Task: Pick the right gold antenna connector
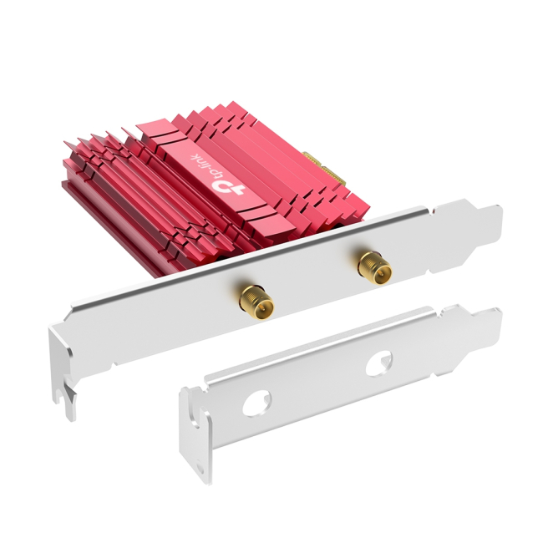click(375, 267)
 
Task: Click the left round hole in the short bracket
click(256, 403)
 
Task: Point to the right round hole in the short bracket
click(378, 363)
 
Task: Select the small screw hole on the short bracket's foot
click(200, 469)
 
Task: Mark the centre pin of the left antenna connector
click(261, 309)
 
